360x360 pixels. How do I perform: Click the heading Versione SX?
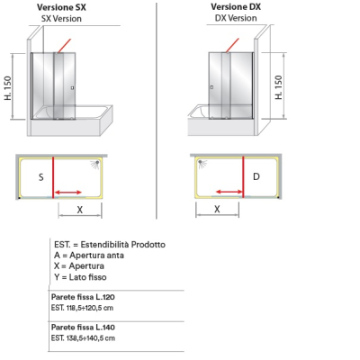click(61, 7)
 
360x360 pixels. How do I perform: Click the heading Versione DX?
click(236, 6)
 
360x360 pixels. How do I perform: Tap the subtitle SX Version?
click(61, 19)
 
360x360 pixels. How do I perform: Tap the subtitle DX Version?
click(236, 18)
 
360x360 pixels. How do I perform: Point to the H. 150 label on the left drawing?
click(8, 88)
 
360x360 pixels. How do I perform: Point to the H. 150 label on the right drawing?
click(279, 87)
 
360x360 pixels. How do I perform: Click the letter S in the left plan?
click(41, 177)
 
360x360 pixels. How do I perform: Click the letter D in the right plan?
click(256, 176)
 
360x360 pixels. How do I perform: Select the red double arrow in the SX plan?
click(68, 193)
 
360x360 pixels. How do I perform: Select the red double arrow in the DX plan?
click(229, 192)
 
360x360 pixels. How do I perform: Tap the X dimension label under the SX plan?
click(79, 210)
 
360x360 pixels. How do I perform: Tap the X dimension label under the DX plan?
click(217, 209)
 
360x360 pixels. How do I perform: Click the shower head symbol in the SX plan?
click(95, 165)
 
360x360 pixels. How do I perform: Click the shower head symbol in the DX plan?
click(202, 164)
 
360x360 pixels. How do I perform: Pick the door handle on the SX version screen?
click(72, 88)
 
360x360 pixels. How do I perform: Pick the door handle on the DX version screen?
click(211, 87)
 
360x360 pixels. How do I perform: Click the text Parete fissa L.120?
click(83, 297)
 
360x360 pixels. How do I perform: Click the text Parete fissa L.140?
click(83, 328)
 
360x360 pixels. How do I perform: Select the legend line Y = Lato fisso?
click(80, 277)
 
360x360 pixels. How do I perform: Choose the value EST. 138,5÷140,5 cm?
click(83, 338)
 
